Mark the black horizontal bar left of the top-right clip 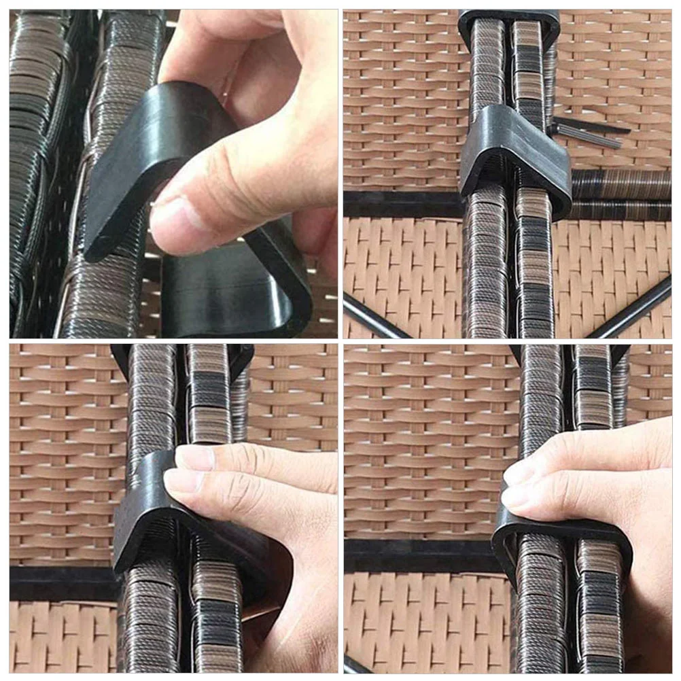coord(401,204)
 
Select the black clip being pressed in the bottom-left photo coord(146,517)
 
